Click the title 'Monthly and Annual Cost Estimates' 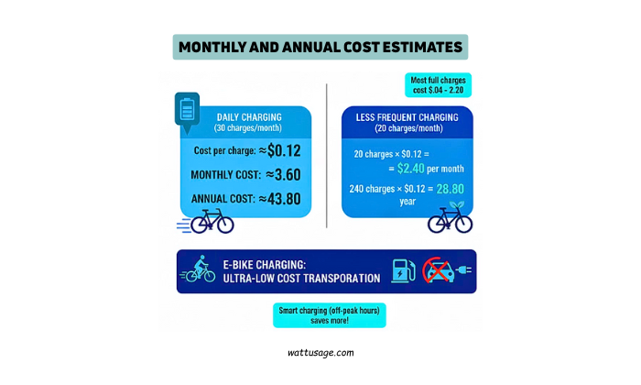point(320,47)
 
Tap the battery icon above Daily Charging point(187,111)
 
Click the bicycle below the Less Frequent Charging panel point(450,220)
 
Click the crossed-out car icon point(438,271)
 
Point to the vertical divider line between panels point(327,156)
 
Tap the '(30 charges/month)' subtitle point(249,129)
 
